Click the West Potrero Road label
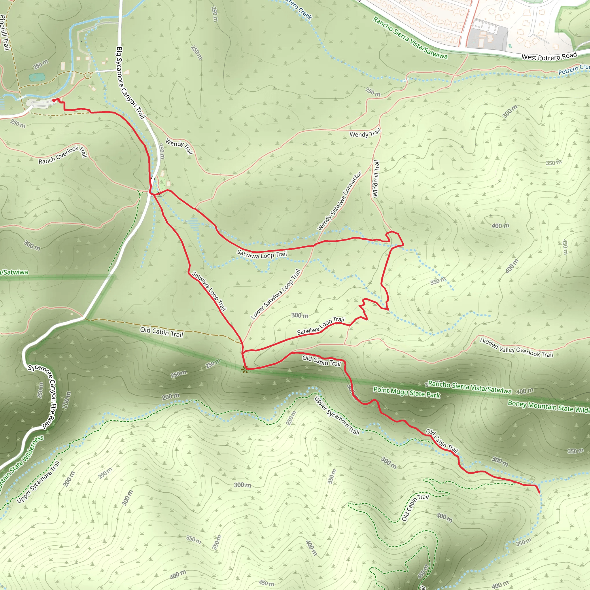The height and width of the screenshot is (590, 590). tap(549, 56)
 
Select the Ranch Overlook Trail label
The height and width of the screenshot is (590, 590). tap(63, 154)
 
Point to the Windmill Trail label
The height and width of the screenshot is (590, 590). tap(376, 179)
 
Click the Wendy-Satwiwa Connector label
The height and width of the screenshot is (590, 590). tap(339, 201)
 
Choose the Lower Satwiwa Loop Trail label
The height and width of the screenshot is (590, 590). tap(275, 294)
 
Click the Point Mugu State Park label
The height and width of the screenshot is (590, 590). tap(406, 392)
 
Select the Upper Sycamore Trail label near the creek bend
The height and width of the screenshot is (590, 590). tap(337, 415)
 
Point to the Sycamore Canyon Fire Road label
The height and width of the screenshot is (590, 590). tap(46, 396)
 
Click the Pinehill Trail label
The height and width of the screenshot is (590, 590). tap(4, 32)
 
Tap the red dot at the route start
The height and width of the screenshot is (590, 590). tap(54, 100)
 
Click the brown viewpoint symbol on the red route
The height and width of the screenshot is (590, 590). tap(244, 370)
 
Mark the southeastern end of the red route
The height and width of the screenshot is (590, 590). tap(539, 492)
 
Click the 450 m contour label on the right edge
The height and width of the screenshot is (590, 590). tap(565, 247)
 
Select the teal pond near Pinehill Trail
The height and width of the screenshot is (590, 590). tap(37, 77)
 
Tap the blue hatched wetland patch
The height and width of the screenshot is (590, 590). tap(192, 224)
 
